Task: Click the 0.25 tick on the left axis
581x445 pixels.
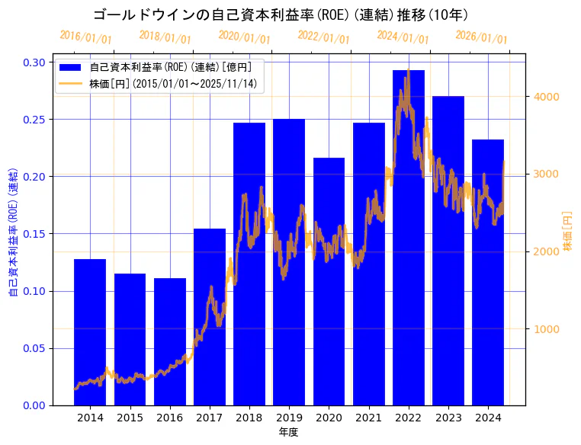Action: click(x=34, y=120)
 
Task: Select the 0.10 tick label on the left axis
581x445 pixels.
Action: click(x=34, y=291)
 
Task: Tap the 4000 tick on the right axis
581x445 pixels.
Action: click(x=549, y=97)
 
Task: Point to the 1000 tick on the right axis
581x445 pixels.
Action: click(x=549, y=329)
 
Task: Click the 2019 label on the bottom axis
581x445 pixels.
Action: click(x=289, y=418)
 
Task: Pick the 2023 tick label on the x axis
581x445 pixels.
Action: click(x=448, y=418)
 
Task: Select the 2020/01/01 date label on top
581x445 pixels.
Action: click(x=244, y=37)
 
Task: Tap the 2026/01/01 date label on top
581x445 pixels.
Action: click(x=481, y=38)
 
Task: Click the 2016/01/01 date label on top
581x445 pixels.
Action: click(x=85, y=37)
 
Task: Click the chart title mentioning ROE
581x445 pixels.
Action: click(x=281, y=14)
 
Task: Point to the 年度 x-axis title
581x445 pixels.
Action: click(x=288, y=432)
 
